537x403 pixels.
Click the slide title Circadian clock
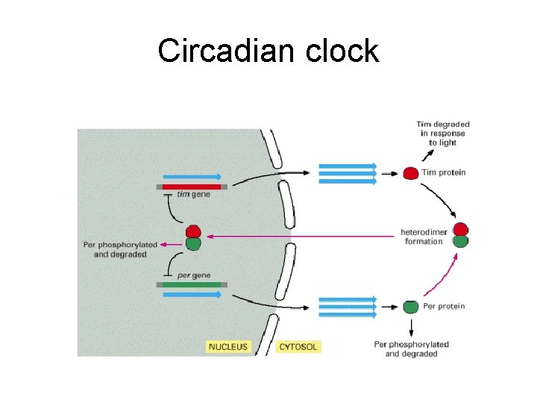pos(268,51)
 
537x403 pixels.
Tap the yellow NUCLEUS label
pos(227,346)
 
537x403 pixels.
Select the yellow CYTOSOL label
pos(298,346)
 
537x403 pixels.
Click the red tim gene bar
pos(192,187)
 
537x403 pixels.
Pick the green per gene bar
pos(192,284)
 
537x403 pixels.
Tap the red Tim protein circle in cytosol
pos(410,173)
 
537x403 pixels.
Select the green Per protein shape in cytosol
pos(410,306)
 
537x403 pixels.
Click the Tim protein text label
pos(444,172)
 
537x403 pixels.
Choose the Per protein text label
pos(444,306)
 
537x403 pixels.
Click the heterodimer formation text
pos(424,237)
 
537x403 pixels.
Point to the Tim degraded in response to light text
pos(442,134)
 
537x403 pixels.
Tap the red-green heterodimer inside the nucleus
pos(193,237)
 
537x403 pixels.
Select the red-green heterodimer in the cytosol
pos(461,235)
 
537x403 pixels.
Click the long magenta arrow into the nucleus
pos(298,236)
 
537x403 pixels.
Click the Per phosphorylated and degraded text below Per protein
pos(411,349)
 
